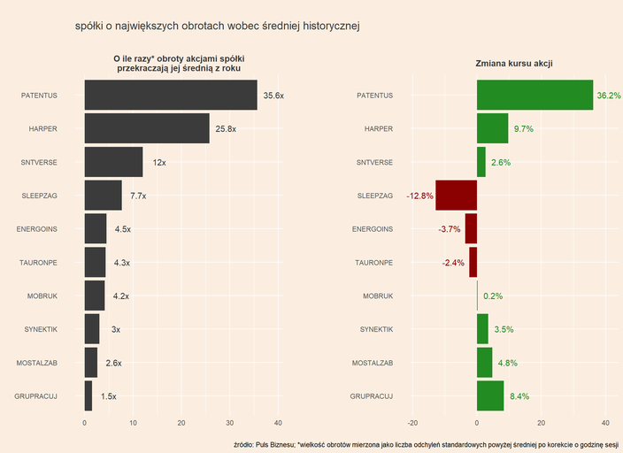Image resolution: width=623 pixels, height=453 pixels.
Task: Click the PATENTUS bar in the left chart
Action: [171, 96]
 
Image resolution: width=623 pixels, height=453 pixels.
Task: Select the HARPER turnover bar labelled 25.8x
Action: [147, 129]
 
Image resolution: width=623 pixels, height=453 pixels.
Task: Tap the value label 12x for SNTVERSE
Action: [159, 163]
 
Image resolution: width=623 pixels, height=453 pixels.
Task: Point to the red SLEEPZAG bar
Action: [457, 196]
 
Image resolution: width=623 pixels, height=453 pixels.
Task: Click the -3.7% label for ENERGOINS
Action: [450, 229]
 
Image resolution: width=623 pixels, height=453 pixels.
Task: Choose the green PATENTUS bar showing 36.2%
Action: [535, 96]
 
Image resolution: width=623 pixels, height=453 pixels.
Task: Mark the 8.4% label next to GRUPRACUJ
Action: [519, 396]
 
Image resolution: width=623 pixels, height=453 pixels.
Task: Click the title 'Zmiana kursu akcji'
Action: [514, 64]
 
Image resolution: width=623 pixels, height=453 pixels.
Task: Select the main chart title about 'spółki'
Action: [218, 27]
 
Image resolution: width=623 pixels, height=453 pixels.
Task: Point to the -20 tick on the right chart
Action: [411, 423]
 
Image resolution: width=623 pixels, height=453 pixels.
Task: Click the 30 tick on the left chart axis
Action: [230, 423]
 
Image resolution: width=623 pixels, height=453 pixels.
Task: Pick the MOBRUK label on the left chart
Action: [41, 296]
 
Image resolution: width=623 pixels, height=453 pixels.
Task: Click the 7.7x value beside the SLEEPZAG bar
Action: [138, 196]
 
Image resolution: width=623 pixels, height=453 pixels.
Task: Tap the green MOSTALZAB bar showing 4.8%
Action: [484, 363]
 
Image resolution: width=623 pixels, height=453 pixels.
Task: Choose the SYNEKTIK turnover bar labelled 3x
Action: [92, 329]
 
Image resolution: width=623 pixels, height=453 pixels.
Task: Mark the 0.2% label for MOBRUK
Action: [493, 296]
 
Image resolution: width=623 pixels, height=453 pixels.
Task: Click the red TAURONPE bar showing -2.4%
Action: [473, 263]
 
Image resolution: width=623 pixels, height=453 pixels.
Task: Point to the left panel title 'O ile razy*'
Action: [179, 63]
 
